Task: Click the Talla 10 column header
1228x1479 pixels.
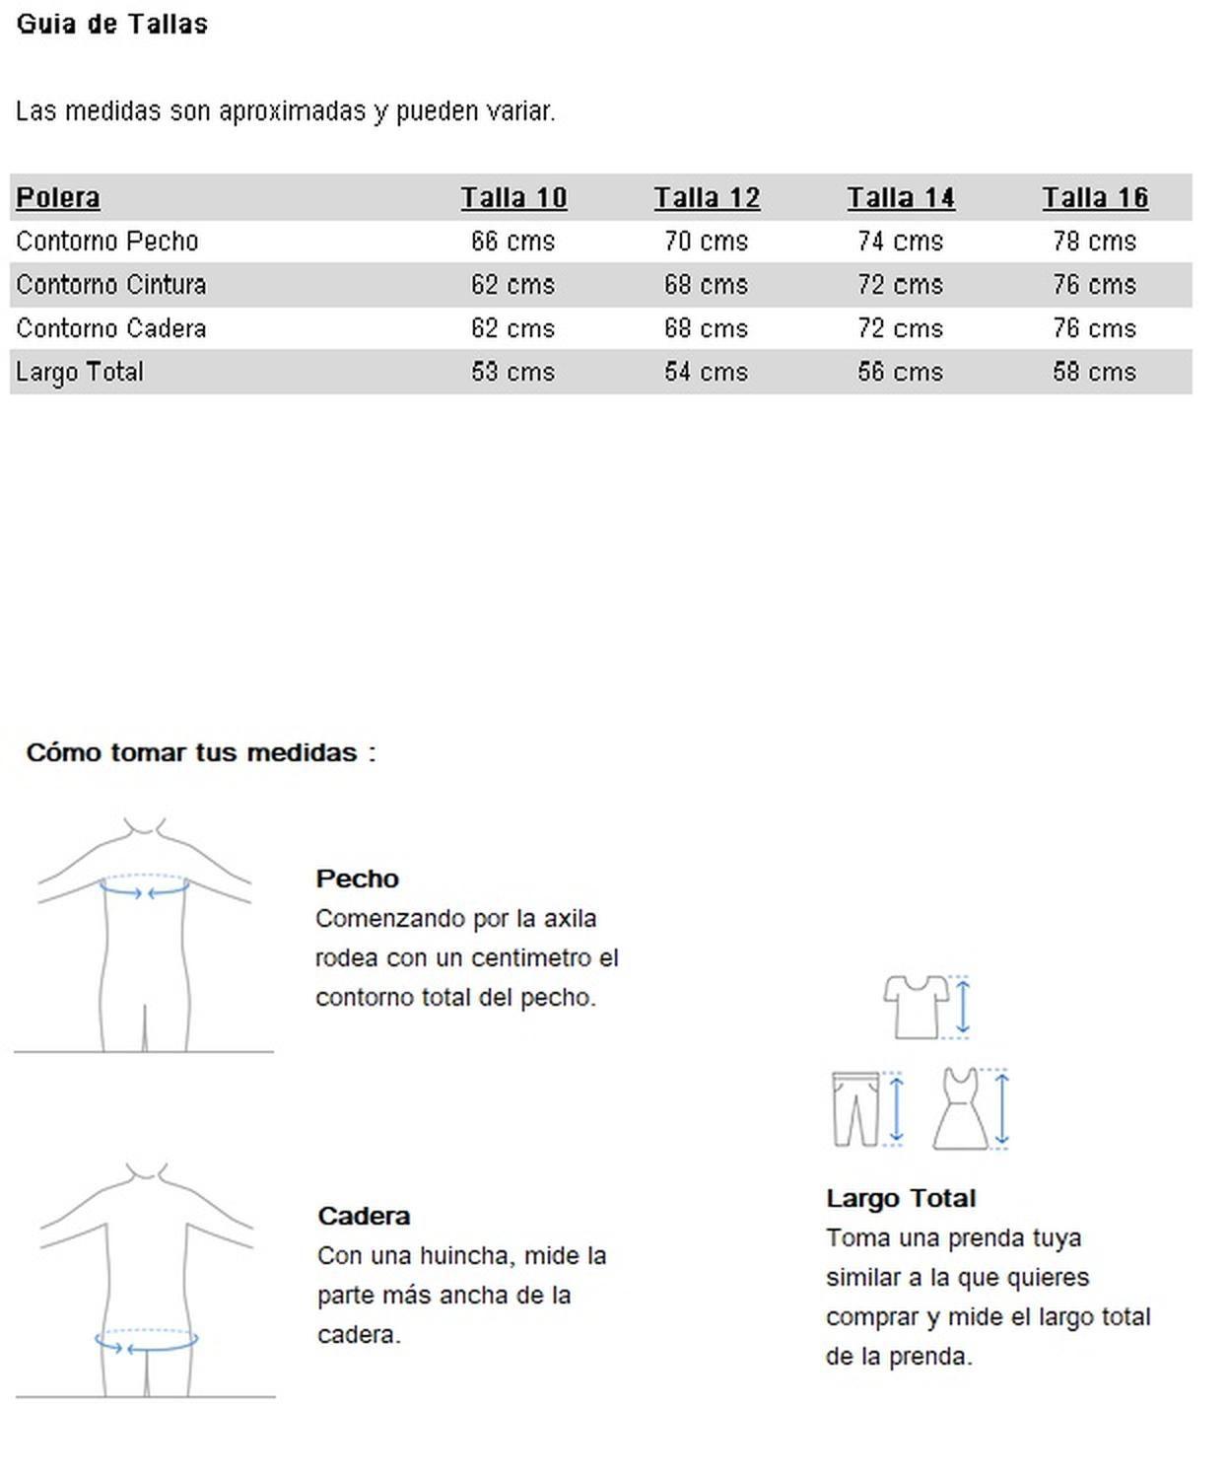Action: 513,198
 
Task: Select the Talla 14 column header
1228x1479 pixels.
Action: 901,198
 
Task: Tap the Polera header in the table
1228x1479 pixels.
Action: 58,198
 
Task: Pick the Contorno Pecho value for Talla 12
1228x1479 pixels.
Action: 706,242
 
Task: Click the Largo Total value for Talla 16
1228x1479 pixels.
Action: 1094,372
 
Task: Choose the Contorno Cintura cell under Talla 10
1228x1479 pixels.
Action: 512,285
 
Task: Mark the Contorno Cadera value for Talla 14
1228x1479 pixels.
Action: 900,328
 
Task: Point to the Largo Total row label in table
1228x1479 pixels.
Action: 80,372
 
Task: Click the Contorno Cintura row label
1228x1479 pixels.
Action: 111,285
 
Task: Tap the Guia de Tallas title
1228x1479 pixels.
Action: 112,24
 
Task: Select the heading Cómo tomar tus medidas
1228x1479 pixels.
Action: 201,752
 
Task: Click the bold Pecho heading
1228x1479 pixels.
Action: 357,879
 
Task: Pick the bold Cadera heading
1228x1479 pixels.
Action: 364,1216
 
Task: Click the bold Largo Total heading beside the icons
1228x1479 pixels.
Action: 901,1198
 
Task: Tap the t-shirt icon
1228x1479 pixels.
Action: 916,1007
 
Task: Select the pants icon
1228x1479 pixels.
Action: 854,1109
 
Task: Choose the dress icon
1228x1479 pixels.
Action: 961,1109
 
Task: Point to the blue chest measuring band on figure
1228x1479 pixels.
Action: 144,889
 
